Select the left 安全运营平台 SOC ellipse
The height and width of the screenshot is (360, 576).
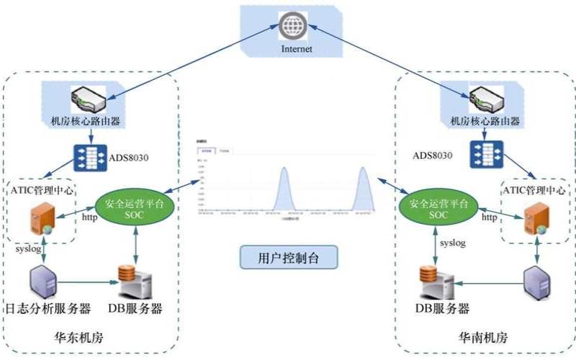[x=133, y=209]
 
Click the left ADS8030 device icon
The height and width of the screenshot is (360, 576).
[x=90, y=156]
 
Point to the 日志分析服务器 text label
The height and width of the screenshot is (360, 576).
[x=48, y=309]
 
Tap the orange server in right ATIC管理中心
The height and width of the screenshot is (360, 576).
[x=534, y=219]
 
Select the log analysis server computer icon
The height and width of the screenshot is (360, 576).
[x=42, y=280]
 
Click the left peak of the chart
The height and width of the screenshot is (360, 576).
[x=284, y=170]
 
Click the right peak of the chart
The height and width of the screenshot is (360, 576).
[x=364, y=170]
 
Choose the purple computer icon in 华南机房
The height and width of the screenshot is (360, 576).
[x=539, y=282]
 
